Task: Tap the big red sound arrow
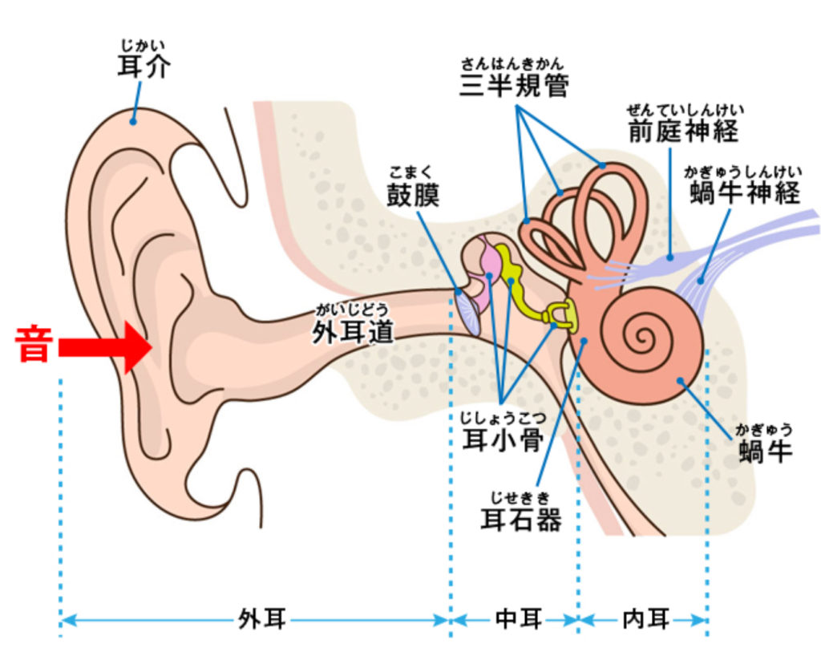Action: click(105, 348)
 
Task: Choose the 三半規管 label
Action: click(514, 85)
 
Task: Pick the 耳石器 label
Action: click(520, 520)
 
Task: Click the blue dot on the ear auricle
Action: click(134, 122)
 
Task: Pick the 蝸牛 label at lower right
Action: click(765, 451)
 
